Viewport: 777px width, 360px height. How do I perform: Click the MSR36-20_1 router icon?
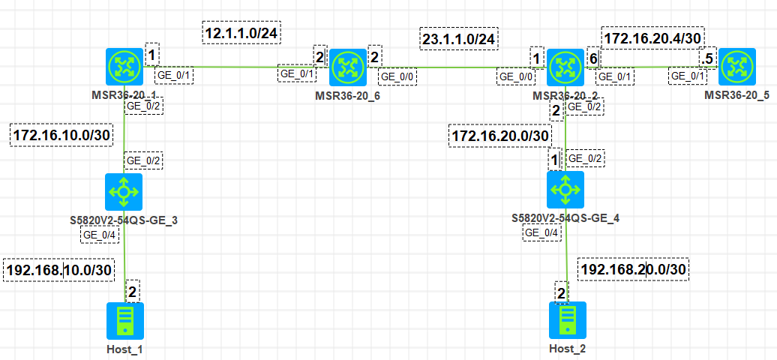(x=124, y=67)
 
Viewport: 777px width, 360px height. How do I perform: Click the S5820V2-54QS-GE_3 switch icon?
(x=124, y=193)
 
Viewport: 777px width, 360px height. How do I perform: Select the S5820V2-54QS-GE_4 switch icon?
(x=565, y=190)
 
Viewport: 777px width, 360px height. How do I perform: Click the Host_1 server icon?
(x=124, y=320)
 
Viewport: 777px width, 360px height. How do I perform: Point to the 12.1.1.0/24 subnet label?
(x=242, y=32)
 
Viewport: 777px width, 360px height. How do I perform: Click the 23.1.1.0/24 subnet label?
(x=460, y=39)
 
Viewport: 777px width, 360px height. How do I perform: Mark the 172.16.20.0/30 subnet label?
(x=501, y=136)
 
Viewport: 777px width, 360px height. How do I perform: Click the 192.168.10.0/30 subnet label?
(x=60, y=269)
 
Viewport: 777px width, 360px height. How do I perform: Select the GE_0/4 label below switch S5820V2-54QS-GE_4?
(x=541, y=232)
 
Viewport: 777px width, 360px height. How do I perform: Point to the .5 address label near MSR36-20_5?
(x=706, y=57)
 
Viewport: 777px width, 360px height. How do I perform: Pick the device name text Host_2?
(x=567, y=349)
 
